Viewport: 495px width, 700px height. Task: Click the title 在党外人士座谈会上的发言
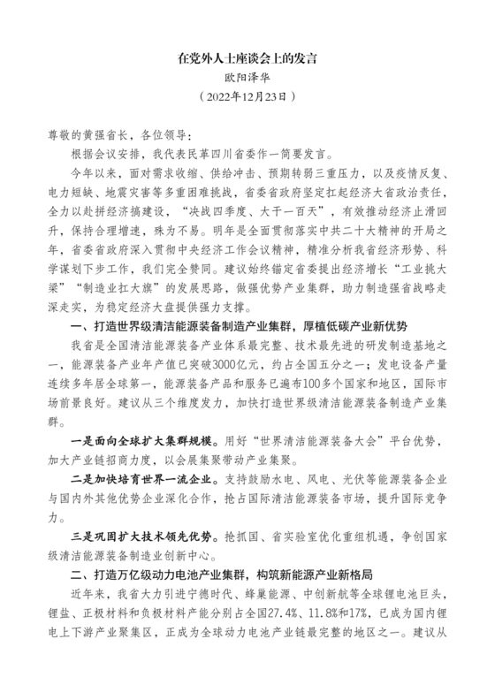(x=247, y=60)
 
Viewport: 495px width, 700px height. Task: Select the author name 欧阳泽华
(x=247, y=78)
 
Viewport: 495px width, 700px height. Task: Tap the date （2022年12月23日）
(x=247, y=96)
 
